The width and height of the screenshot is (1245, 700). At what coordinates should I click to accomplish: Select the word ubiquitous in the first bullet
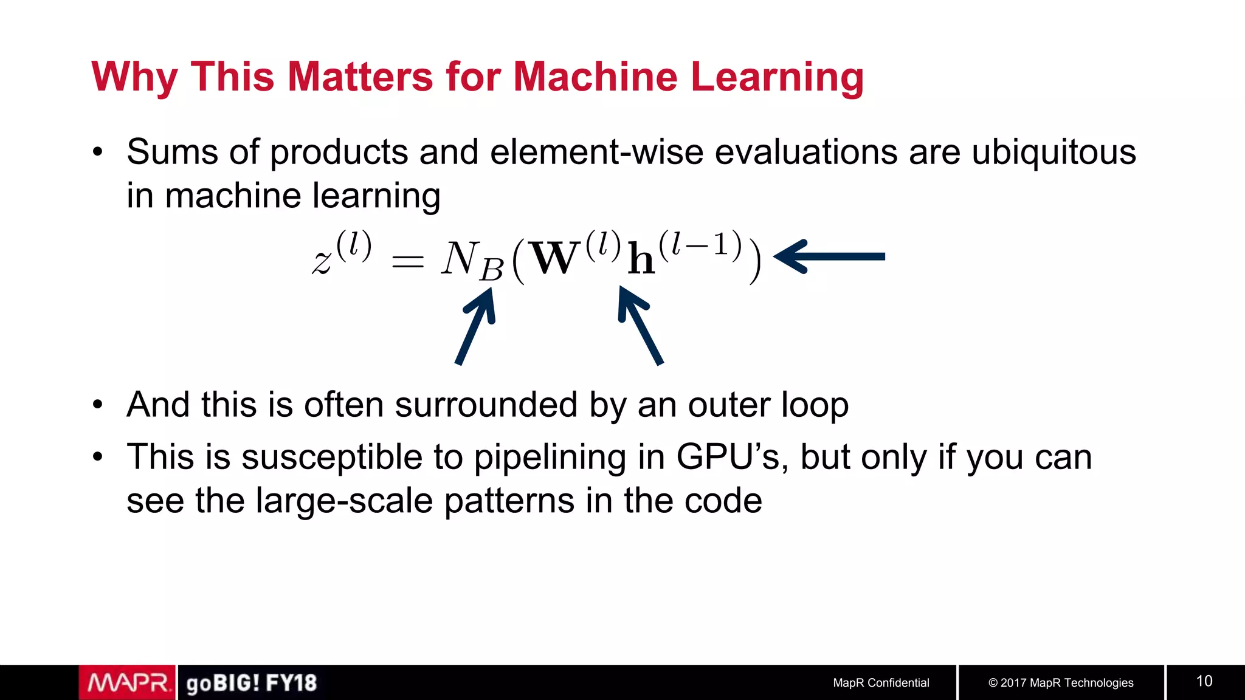coord(1054,152)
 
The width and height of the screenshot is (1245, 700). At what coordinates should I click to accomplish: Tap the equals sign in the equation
coord(407,262)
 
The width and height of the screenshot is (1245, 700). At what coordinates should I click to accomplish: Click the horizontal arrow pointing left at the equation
coord(830,256)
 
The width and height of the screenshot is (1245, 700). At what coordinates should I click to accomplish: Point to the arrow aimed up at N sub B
coord(477,325)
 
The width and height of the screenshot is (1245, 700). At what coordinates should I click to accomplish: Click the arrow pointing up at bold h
coord(640,325)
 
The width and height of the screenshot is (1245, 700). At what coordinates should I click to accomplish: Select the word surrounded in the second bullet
coord(486,405)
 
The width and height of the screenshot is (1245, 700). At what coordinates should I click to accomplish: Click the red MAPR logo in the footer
coord(128,683)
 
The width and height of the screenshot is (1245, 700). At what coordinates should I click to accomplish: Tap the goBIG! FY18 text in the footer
coord(252,683)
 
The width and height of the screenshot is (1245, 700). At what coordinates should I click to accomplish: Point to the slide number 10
coord(1204,681)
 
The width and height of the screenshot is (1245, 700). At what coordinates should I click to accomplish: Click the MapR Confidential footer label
coord(881,683)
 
